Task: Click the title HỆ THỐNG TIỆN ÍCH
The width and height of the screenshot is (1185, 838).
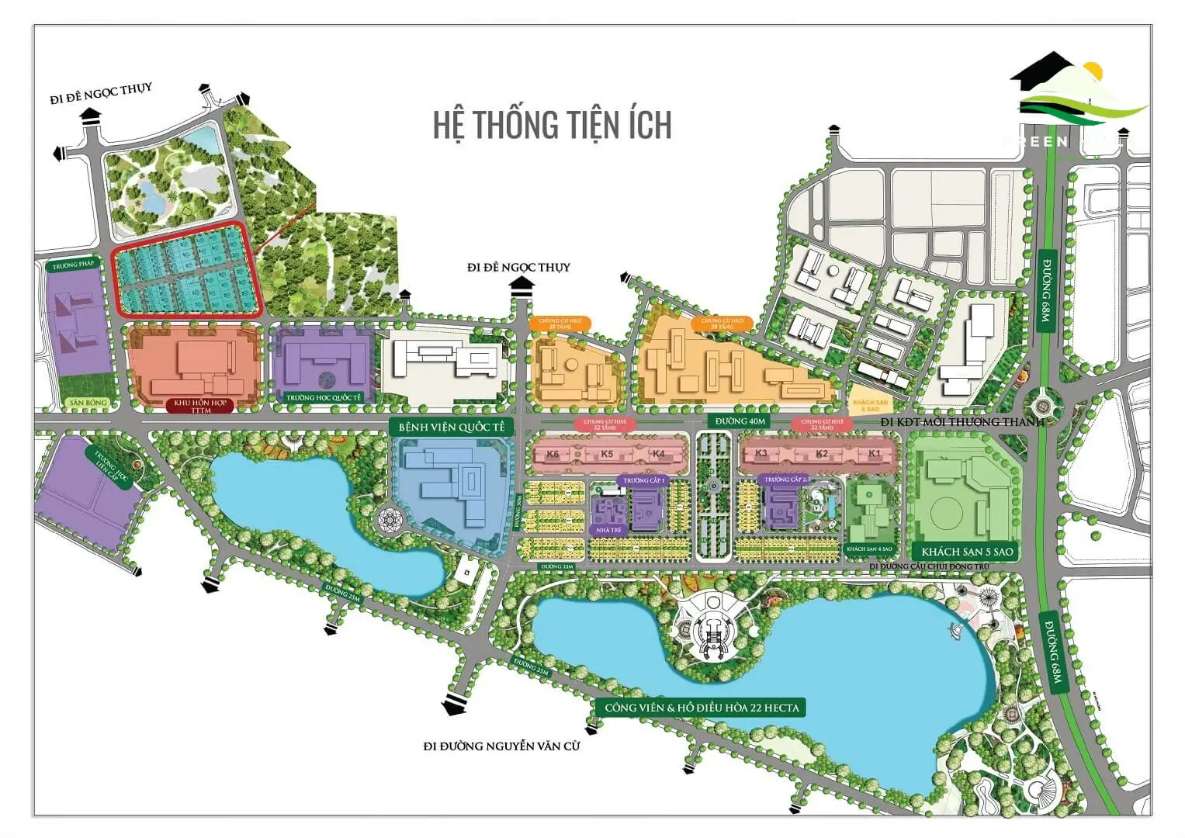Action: (552, 125)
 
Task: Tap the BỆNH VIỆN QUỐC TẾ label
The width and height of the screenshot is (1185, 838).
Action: (451, 428)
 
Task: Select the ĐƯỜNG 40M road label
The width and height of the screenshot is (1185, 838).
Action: (740, 421)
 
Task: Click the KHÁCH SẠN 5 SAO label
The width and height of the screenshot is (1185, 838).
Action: (967, 552)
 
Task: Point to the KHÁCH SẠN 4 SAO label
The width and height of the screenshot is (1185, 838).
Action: (869, 549)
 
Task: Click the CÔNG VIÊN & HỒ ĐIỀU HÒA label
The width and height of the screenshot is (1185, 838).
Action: (702, 708)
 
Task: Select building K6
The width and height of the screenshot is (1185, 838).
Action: (553, 455)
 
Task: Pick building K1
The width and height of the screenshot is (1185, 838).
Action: (875, 453)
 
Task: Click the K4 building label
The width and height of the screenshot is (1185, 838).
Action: (659, 454)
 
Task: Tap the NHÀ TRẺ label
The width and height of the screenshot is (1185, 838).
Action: (609, 530)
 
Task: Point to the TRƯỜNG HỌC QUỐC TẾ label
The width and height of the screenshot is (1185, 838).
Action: (324, 398)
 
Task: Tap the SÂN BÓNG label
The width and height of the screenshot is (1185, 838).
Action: (88, 403)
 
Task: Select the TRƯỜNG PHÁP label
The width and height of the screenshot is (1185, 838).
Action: (74, 265)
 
